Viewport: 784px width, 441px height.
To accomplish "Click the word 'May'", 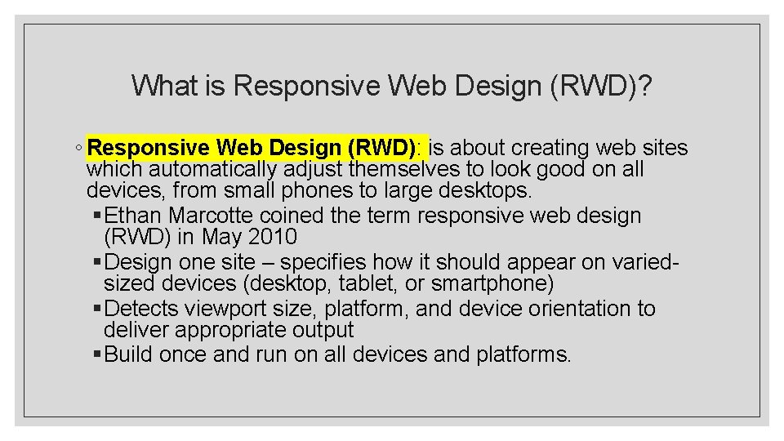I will [x=221, y=238].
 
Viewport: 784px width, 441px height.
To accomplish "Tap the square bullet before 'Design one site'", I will [x=97, y=263].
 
